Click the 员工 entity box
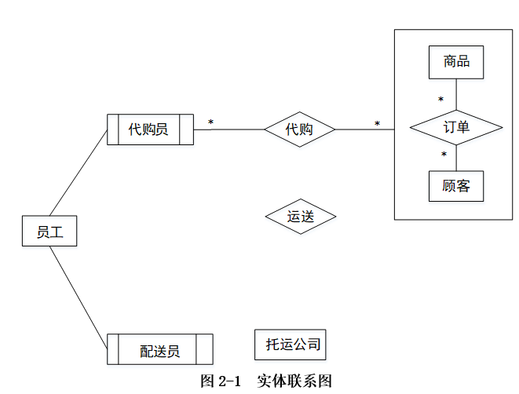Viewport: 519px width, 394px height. coord(49,231)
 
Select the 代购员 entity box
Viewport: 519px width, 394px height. coord(149,130)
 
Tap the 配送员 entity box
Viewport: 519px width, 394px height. coord(160,350)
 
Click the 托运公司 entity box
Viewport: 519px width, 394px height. coord(292,344)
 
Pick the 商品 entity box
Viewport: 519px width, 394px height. coord(456,62)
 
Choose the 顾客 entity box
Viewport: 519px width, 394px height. coord(456,187)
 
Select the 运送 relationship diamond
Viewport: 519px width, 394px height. coord(300,217)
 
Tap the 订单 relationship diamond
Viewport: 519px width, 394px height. coord(456,127)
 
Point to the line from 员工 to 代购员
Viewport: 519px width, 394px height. coord(79,173)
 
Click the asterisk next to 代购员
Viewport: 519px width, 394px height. coord(210,122)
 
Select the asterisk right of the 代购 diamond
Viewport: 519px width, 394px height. coord(377,124)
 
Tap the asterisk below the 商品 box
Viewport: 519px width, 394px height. coord(440,100)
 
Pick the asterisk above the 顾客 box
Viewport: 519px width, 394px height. coord(444,155)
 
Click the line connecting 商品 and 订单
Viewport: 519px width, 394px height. coord(456,93)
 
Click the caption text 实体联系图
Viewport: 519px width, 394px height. coord(294,381)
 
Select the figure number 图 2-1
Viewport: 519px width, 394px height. coord(220,381)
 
